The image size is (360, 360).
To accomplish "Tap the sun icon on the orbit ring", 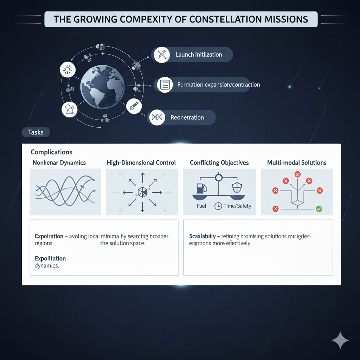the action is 67,70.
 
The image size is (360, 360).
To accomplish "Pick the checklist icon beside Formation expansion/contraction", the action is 165,85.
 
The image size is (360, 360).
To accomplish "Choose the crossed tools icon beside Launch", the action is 162,54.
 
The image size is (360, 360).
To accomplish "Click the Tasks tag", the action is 36,132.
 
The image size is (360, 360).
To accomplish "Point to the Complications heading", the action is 51,152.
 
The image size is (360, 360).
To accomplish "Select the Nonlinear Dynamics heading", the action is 59,162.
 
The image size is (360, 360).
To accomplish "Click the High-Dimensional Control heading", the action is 141,162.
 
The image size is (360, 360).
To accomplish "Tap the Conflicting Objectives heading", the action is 219,162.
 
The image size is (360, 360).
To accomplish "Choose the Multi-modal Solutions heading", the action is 297,162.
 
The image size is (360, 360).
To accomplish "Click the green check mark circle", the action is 319,209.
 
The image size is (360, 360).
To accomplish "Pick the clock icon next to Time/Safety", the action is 218,206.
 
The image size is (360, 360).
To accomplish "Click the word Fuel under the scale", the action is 201,206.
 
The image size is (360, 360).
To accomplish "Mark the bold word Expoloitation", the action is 50,258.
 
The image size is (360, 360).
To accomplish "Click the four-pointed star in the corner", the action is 340,340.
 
